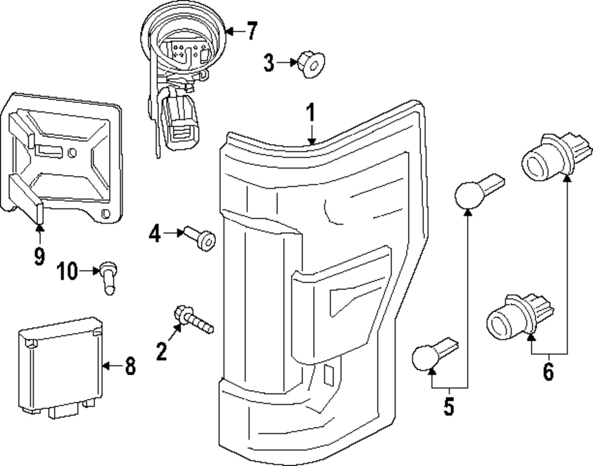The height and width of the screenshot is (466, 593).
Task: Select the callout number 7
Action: coord(252,31)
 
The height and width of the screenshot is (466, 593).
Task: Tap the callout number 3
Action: coord(269,62)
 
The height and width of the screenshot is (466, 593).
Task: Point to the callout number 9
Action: coord(39,256)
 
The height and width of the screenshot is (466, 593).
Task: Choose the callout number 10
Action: coord(68,272)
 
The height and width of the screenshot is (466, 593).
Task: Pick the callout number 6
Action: coord(548,372)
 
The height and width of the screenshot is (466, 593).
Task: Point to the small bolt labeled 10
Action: coord(107,276)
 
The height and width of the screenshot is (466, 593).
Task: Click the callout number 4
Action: coord(155,234)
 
